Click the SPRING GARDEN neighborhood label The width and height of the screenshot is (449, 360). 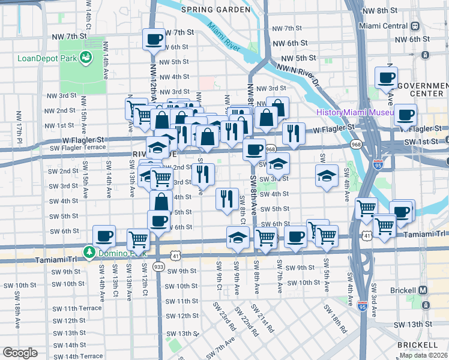(x=215, y=10)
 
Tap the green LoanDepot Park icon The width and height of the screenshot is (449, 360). (x=87, y=57)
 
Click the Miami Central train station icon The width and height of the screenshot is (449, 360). (x=415, y=26)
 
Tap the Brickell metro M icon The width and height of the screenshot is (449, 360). (x=423, y=290)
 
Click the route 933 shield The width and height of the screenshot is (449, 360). (x=158, y=266)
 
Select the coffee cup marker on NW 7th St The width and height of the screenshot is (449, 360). (x=153, y=40)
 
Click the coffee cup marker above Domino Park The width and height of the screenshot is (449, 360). (x=104, y=236)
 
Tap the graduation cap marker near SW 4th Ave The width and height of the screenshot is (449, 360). (x=326, y=175)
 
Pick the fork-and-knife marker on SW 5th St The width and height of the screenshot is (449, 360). (x=226, y=199)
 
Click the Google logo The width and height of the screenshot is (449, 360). (x=20, y=353)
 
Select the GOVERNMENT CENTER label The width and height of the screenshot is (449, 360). (x=423, y=89)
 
